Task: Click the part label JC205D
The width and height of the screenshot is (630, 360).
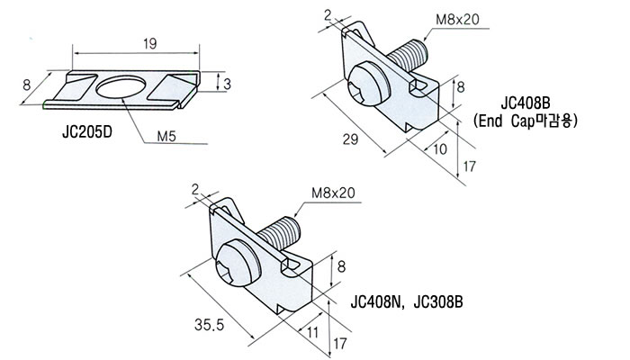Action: tap(86, 132)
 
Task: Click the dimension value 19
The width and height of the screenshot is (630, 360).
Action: tap(149, 44)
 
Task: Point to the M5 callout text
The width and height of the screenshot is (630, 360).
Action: tap(166, 137)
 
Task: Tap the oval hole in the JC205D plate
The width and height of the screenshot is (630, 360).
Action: tap(121, 87)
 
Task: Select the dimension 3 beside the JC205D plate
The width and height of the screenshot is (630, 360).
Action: tap(227, 84)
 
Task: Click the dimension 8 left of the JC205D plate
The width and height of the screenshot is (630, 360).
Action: tap(26, 85)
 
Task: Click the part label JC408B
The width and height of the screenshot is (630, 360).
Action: tap(525, 103)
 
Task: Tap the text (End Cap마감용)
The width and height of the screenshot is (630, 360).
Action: tap(525, 121)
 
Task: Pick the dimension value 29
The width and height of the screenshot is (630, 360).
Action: tap(350, 139)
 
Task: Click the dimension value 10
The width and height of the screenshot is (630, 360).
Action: tap(440, 149)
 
